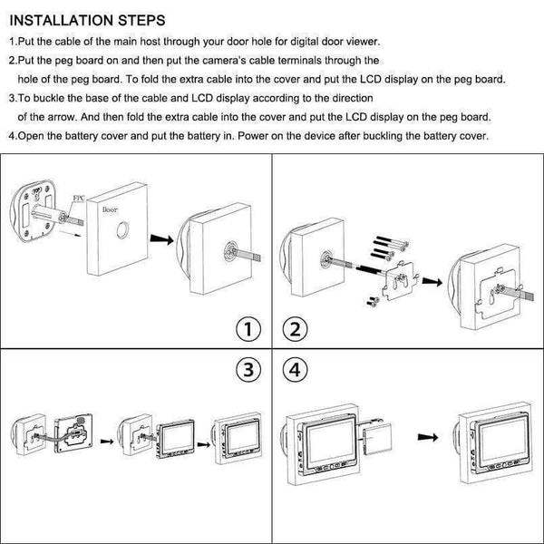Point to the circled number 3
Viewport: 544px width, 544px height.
click(x=247, y=371)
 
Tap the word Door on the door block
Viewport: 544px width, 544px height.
click(x=111, y=209)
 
